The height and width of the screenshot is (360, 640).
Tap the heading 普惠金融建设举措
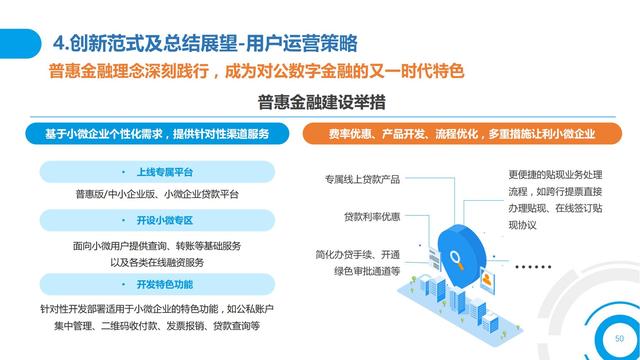click(x=319, y=104)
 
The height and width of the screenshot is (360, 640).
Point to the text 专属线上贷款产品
click(x=362, y=180)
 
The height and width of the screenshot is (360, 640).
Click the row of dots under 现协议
click(x=532, y=266)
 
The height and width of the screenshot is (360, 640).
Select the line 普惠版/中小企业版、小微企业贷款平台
click(x=157, y=194)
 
